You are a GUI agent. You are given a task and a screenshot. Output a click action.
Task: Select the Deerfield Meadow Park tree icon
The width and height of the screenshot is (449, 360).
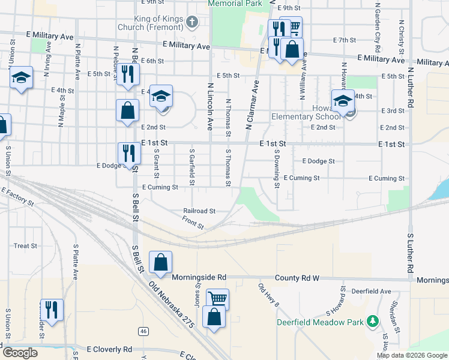[x=373, y=322]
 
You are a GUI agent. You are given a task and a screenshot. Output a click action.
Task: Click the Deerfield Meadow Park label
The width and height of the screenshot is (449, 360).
[x=321, y=322]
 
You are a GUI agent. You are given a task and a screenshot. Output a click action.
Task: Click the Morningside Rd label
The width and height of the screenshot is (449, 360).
[x=199, y=278]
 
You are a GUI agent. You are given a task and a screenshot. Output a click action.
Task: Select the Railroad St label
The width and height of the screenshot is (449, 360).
[x=199, y=211]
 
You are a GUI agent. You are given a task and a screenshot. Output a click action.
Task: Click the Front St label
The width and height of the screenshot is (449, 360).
[x=193, y=223]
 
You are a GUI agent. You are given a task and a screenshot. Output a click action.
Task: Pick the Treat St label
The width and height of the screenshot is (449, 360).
[x=25, y=246]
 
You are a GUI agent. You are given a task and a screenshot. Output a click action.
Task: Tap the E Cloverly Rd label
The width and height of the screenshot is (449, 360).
[x=109, y=349]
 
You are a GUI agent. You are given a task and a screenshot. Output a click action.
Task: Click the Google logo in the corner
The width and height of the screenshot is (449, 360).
[x=19, y=353]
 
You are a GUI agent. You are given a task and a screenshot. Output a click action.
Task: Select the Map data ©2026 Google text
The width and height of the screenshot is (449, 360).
[x=412, y=355]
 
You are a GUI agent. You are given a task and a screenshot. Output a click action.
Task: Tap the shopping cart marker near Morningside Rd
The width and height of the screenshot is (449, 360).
[x=217, y=299]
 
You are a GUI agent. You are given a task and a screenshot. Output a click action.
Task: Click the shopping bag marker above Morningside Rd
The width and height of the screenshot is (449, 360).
[x=160, y=262]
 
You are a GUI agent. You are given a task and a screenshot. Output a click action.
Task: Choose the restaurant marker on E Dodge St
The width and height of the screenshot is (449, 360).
[x=128, y=153]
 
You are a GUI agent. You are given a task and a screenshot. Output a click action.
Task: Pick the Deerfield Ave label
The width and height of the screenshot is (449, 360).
[x=372, y=291]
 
